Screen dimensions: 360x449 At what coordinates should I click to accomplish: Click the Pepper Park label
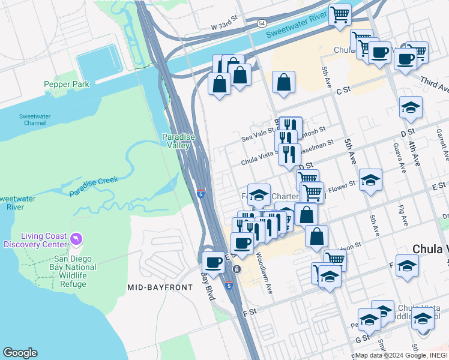pos(67,85)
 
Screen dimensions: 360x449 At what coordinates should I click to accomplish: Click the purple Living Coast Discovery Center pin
pos(76,239)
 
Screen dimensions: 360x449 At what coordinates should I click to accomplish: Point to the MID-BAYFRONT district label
pos(160,287)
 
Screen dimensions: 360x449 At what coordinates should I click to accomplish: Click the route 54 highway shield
pos(261,23)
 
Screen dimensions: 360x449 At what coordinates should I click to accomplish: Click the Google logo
pos(20,353)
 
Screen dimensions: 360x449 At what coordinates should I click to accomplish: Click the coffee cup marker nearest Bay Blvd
pos(214,262)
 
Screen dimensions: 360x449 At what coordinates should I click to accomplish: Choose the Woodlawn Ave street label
pos(265,272)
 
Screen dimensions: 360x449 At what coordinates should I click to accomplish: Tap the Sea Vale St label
pos(257,137)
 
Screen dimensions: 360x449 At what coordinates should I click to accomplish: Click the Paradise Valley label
pos(178,141)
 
